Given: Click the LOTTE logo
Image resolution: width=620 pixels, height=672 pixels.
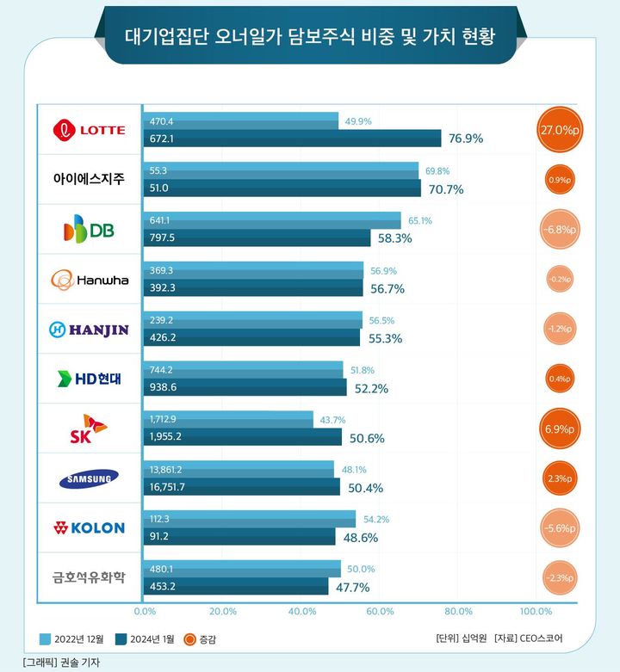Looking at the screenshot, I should (x=90, y=130).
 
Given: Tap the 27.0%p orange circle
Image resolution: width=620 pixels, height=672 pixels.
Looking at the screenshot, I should (x=561, y=131).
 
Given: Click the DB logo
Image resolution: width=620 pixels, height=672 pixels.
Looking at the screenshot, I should (x=90, y=230).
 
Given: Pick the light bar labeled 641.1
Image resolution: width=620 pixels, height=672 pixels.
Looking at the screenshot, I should (x=271, y=220).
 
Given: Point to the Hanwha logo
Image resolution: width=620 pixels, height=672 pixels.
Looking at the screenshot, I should (x=90, y=280).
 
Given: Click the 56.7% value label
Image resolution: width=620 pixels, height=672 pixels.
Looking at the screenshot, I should (x=387, y=288).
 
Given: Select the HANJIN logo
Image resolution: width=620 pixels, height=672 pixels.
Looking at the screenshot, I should (x=90, y=329).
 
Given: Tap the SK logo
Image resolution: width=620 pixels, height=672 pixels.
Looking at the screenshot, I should (x=90, y=428).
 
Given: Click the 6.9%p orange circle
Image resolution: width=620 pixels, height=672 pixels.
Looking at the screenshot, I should (x=561, y=428).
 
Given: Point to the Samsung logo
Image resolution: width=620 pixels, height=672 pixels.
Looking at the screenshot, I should (x=90, y=478).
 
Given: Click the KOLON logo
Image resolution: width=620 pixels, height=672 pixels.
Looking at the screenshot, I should (x=90, y=527).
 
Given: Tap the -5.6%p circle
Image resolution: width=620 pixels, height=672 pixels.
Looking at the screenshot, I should (x=561, y=528).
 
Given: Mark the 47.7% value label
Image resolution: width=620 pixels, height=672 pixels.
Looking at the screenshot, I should (x=353, y=587).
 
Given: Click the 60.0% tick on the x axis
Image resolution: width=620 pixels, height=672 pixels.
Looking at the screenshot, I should (x=380, y=612).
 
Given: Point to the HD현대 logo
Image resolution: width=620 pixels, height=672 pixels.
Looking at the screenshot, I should (x=90, y=379).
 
